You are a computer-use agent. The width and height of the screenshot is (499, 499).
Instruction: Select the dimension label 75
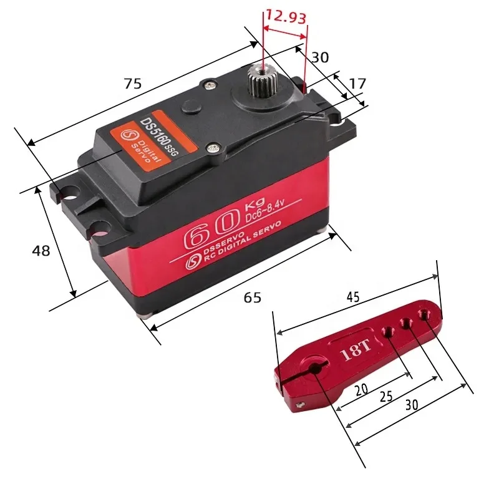[132, 84]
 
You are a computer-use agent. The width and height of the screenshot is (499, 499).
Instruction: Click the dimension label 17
[357, 84]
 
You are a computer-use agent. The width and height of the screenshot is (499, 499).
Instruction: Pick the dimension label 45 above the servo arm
[352, 298]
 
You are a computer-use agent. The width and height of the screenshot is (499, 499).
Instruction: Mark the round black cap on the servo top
[190, 108]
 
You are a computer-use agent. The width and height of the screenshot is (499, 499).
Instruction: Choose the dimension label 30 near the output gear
[320, 57]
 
